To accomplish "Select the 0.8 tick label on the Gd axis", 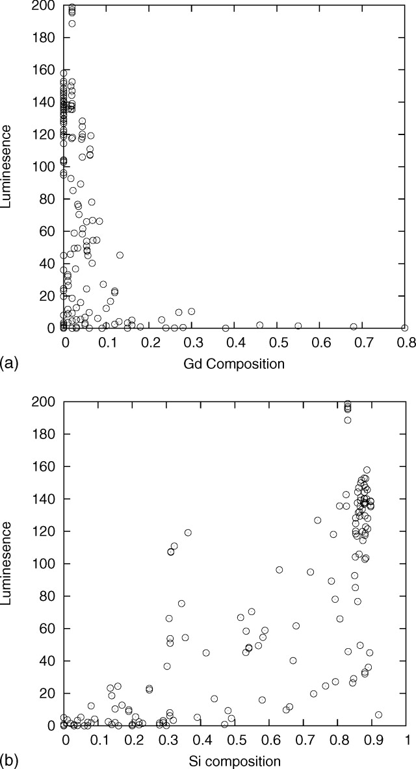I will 404,342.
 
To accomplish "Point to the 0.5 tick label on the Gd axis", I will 278,342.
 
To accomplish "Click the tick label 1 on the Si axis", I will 407,740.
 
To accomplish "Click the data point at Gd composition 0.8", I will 404,328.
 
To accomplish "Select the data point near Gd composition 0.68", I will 354,327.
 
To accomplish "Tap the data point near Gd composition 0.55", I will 298,326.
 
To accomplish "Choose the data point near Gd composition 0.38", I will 226,328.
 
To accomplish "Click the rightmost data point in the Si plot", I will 378,714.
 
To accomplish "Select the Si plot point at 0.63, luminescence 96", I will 279,570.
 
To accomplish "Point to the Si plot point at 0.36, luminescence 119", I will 188,533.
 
